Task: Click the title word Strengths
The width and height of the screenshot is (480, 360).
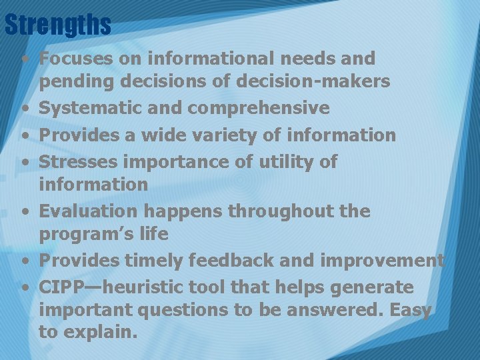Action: (57, 25)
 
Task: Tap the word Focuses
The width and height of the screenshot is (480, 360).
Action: (75, 59)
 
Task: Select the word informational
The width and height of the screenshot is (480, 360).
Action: (198, 59)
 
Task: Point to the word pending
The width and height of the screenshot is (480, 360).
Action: (75, 82)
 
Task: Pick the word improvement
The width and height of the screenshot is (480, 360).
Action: (382, 261)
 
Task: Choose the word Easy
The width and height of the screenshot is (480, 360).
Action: (409, 311)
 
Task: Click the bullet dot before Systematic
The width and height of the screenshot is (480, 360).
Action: (25, 109)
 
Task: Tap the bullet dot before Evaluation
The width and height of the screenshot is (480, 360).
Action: (25, 212)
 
